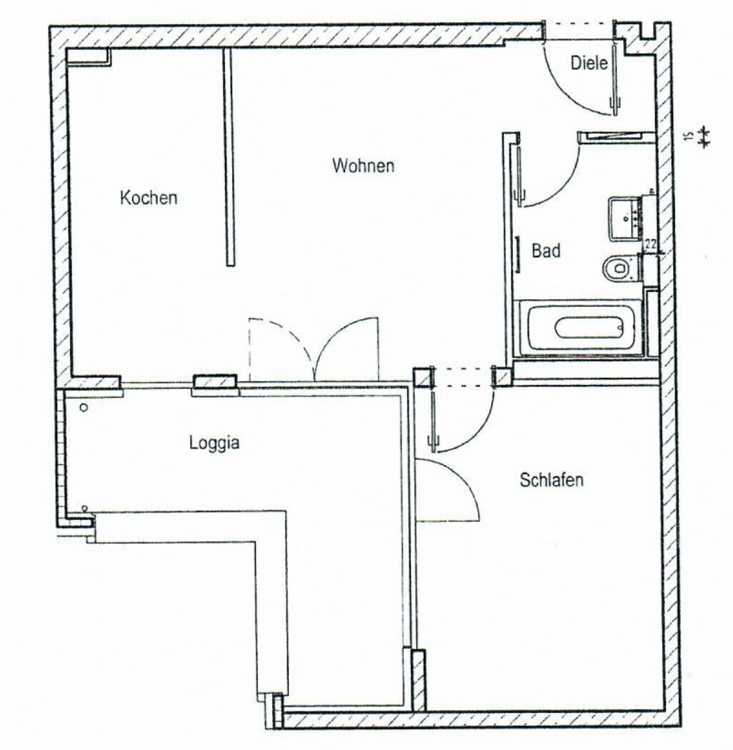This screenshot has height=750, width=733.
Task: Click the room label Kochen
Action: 148,198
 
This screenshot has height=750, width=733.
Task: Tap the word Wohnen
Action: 363,166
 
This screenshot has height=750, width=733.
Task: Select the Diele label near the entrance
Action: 589,64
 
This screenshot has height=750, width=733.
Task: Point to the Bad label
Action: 546,251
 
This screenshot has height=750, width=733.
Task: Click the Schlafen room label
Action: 551,480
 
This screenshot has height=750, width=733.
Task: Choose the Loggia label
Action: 214,443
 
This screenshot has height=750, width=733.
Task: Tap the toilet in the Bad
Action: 615,269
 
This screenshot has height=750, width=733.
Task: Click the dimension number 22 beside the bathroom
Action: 650,244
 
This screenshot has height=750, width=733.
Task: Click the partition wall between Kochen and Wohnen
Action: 230,157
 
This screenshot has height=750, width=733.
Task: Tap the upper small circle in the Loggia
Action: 84,408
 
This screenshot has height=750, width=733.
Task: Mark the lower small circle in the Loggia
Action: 85,508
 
